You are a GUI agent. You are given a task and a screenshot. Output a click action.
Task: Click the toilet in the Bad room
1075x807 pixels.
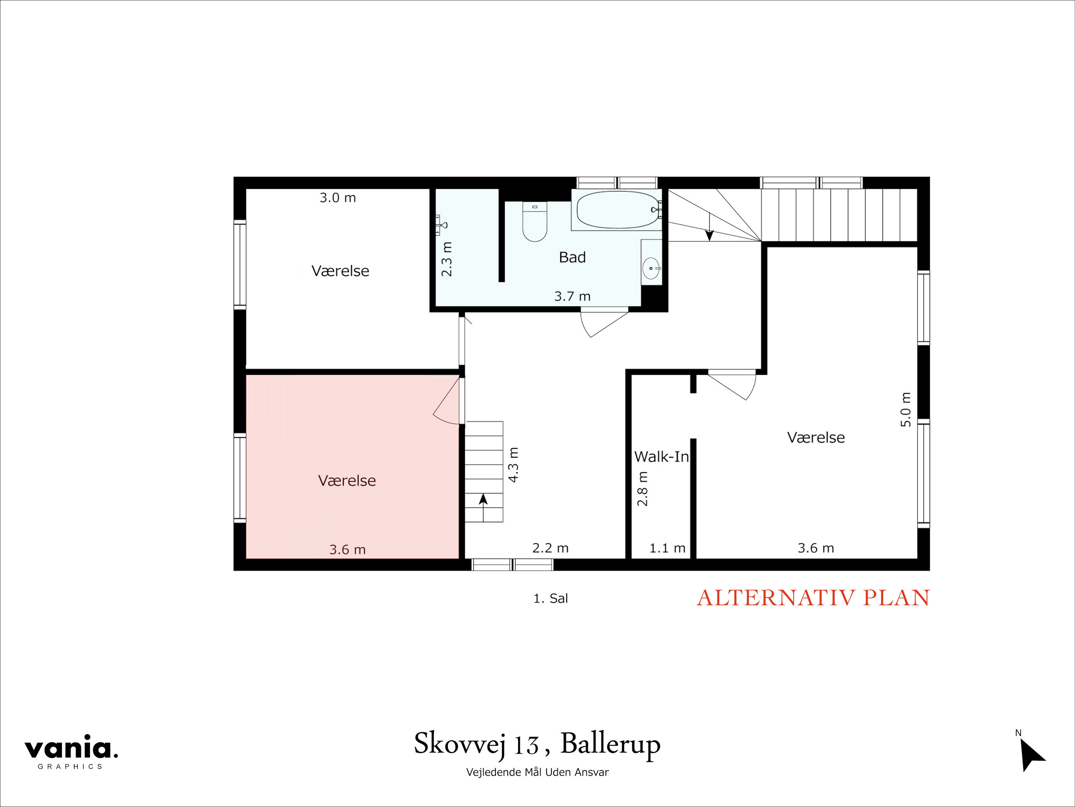(534, 222)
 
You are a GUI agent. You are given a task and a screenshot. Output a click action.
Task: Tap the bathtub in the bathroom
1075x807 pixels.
(618, 209)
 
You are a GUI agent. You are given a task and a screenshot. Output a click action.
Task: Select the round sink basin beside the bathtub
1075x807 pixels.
(650, 268)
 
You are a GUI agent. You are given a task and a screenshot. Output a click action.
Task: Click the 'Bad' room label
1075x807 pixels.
(572, 257)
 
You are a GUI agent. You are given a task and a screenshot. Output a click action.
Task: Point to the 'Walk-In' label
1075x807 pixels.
(661, 457)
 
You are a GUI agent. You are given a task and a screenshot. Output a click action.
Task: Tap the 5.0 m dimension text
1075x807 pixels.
(906, 409)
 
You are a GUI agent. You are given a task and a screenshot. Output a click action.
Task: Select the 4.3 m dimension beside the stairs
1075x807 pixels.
(513, 465)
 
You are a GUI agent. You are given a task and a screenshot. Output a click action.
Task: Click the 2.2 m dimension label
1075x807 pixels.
(550, 548)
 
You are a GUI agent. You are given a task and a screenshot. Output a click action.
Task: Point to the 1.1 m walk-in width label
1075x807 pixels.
(667, 548)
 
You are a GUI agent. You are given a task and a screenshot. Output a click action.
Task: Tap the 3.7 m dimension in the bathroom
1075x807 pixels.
(572, 296)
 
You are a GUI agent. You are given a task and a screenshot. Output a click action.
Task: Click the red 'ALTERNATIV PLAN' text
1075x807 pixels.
(813, 598)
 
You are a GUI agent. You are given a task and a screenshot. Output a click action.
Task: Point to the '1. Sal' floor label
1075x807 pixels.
(550, 599)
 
